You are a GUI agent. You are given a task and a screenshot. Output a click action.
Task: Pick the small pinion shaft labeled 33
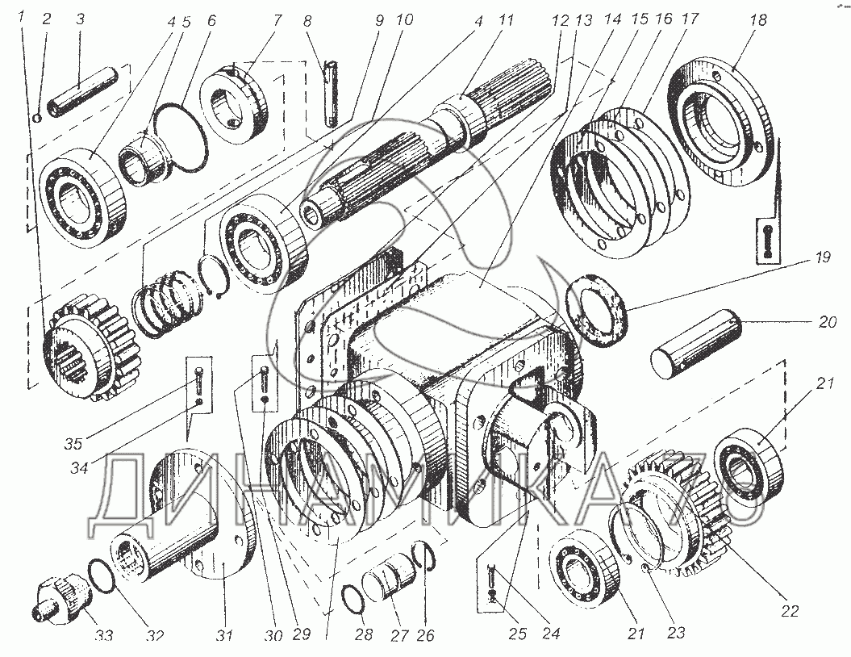58,598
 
